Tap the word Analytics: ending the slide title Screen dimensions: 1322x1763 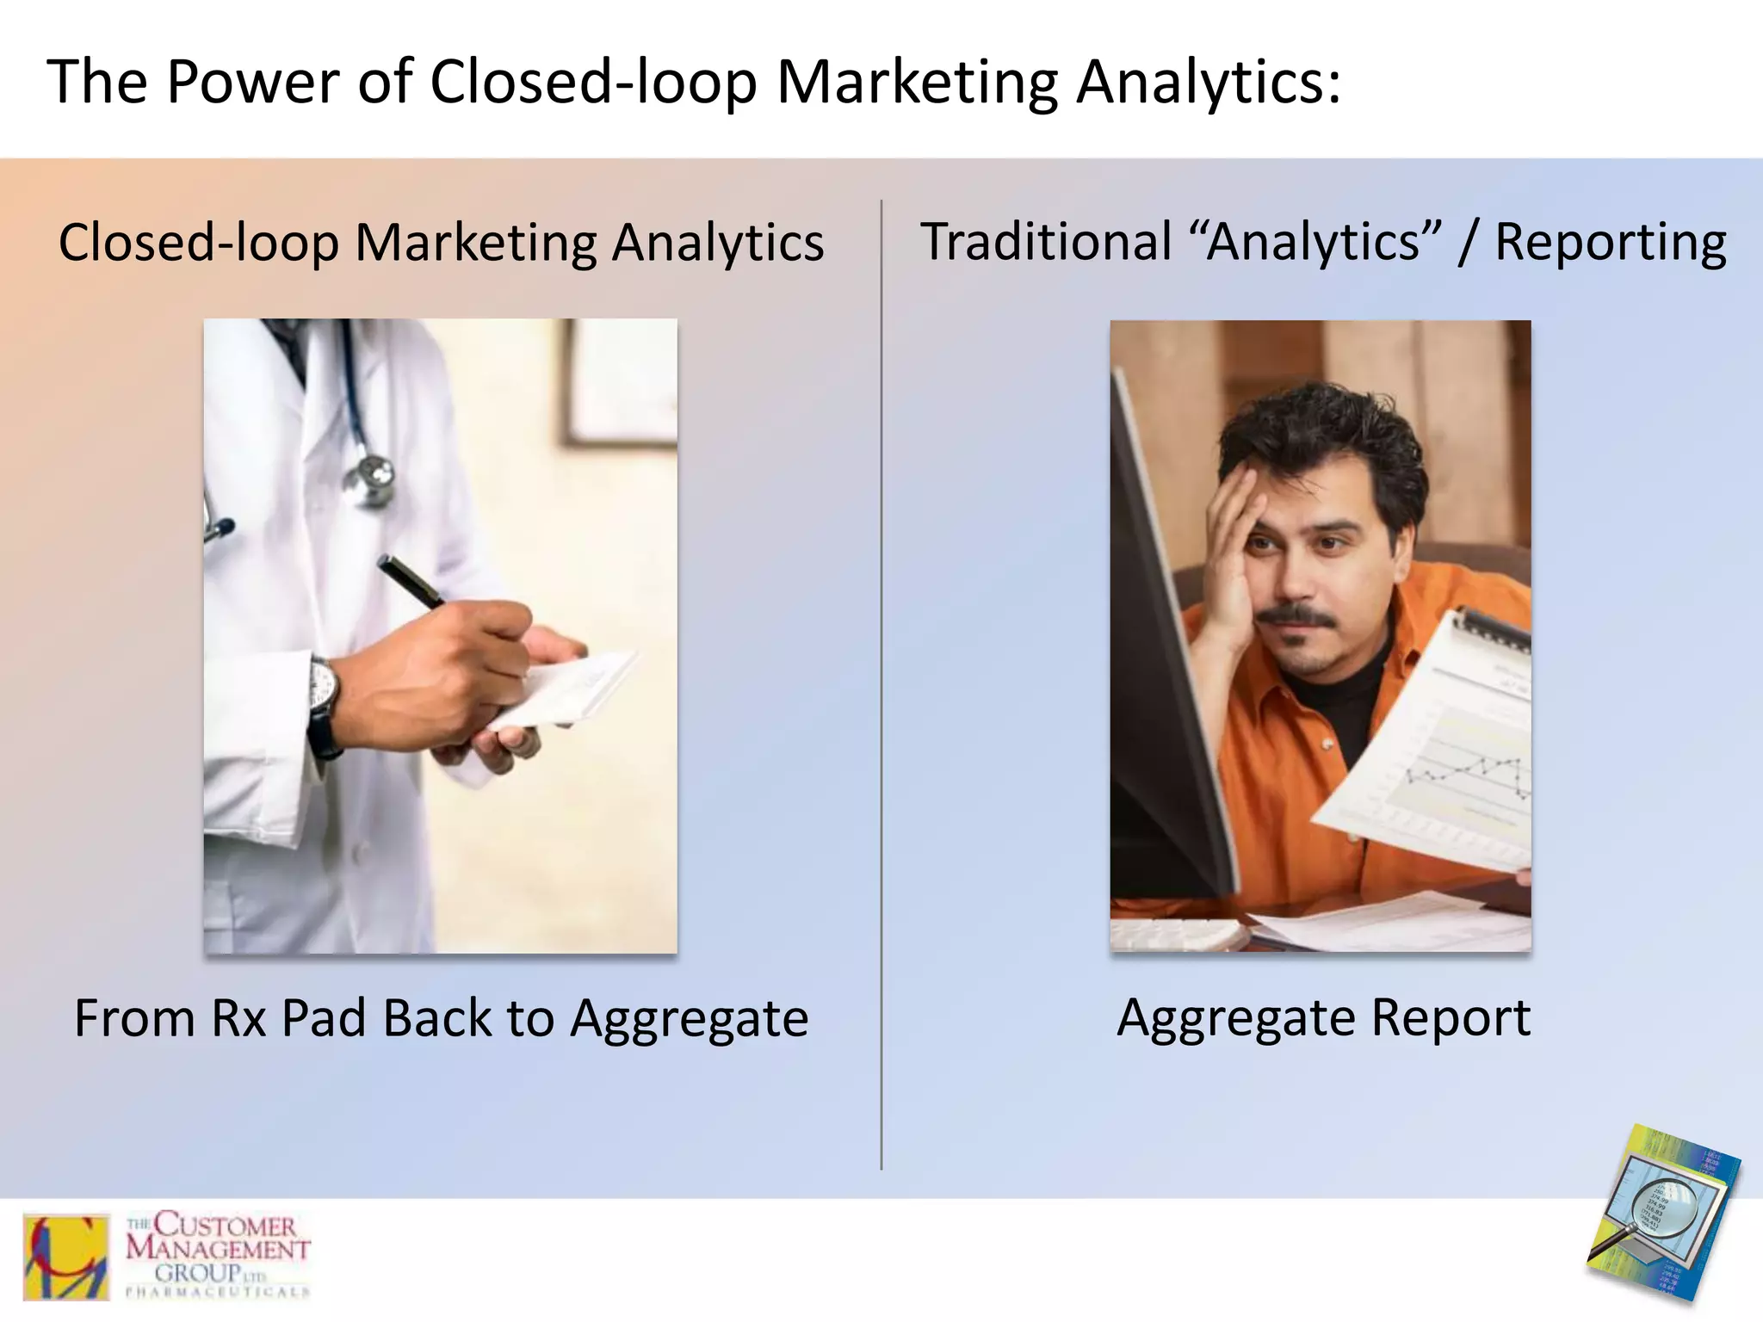click(1208, 83)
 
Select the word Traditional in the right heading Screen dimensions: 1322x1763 click(1045, 242)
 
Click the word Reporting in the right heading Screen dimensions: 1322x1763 click(1610, 244)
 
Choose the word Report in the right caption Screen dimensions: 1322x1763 click(1451, 1018)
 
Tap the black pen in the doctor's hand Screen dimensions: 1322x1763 click(410, 580)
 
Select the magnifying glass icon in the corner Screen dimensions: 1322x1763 click(1657, 1209)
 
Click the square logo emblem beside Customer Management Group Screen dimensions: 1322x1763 click(66, 1257)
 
